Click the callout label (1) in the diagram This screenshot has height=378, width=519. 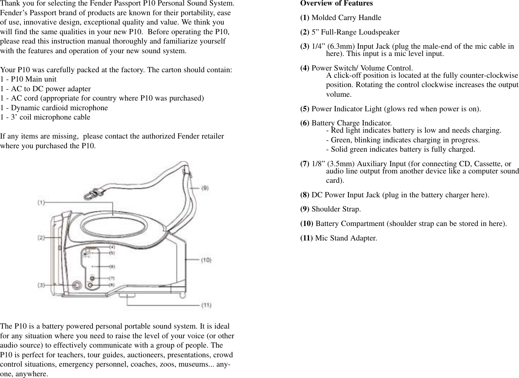41,202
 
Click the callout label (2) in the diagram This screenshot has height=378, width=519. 41,238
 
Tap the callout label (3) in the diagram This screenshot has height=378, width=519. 41,285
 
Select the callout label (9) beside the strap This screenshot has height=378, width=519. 205,188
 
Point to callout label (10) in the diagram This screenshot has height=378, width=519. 206,260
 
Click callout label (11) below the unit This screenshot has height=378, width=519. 206,305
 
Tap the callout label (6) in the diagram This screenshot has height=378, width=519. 112,266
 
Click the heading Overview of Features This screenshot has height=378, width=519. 336,3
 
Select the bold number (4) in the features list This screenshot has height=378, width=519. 305,68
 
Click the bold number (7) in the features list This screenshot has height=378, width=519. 305,163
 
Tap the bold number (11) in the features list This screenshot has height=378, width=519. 307,238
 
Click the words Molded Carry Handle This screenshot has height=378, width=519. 346,18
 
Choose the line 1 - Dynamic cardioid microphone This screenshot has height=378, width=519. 54,108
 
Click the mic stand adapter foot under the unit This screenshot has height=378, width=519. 127,295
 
